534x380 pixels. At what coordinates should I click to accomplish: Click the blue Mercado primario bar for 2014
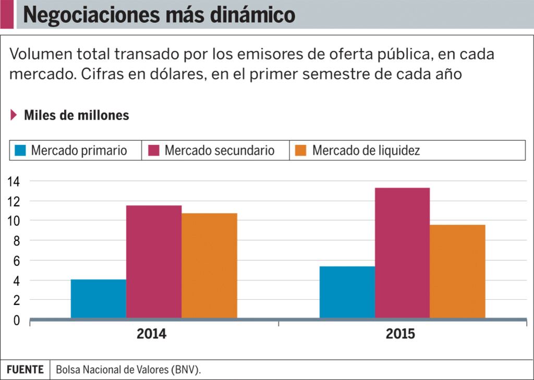(x=99, y=299)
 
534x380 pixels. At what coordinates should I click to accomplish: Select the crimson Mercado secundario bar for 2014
(x=154, y=262)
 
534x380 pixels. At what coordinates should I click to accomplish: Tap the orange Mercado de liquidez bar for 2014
(x=209, y=265)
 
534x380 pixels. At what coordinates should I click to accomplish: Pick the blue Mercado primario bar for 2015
(x=347, y=292)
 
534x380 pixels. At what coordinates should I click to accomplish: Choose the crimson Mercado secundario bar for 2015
(x=402, y=253)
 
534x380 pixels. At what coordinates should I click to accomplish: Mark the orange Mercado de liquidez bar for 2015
(x=457, y=271)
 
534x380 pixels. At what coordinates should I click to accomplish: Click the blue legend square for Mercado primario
(x=20, y=151)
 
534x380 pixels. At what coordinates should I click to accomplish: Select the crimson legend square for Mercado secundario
(x=153, y=151)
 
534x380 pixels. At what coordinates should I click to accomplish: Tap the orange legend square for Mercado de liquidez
(x=301, y=151)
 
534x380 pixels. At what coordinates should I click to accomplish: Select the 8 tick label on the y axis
(x=17, y=241)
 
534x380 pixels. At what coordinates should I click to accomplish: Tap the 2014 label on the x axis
(x=152, y=334)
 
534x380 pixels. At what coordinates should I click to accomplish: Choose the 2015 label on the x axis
(x=400, y=334)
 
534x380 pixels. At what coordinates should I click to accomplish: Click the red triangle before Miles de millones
(x=14, y=115)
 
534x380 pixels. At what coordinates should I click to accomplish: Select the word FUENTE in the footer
(x=25, y=370)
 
